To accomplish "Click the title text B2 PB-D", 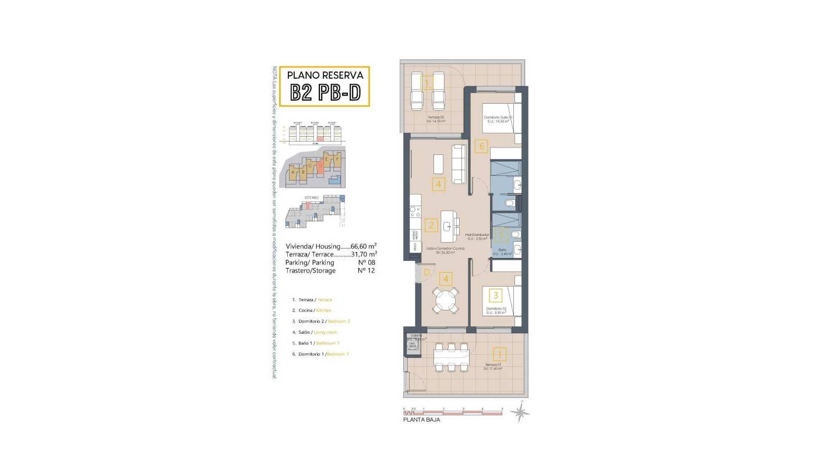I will point(326,93).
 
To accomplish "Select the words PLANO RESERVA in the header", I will point(326,75).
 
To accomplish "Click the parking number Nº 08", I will point(366,263).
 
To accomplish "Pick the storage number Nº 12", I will point(366,271).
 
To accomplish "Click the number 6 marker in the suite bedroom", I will point(481,147).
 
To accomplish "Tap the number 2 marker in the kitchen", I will point(432,225).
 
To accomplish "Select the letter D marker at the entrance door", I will point(427,271).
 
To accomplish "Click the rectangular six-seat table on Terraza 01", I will point(452,357).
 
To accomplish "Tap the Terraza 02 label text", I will point(435,118).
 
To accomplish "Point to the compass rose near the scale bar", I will point(520,411).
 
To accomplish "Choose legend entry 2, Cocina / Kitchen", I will point(312,310).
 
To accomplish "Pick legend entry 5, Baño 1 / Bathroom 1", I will point(315,343).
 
